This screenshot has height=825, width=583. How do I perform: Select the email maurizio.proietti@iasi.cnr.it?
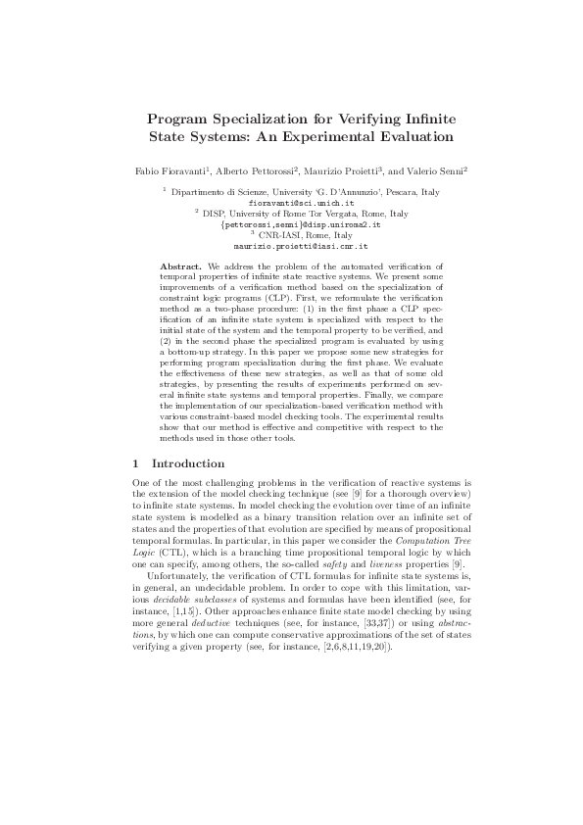click(x=291, y=247)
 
